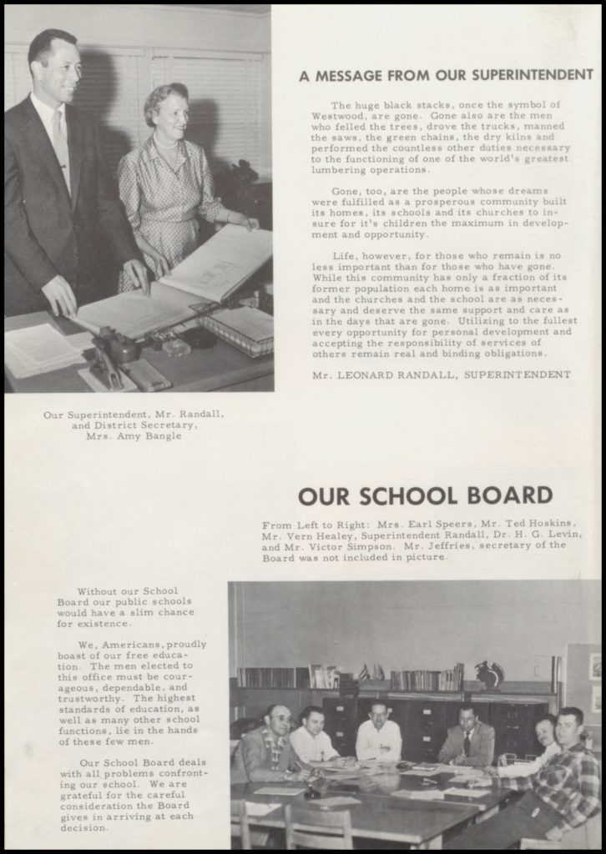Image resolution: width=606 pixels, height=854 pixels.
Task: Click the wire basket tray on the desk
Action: [237, 328]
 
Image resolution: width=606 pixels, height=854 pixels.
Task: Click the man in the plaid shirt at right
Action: [566, 767]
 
